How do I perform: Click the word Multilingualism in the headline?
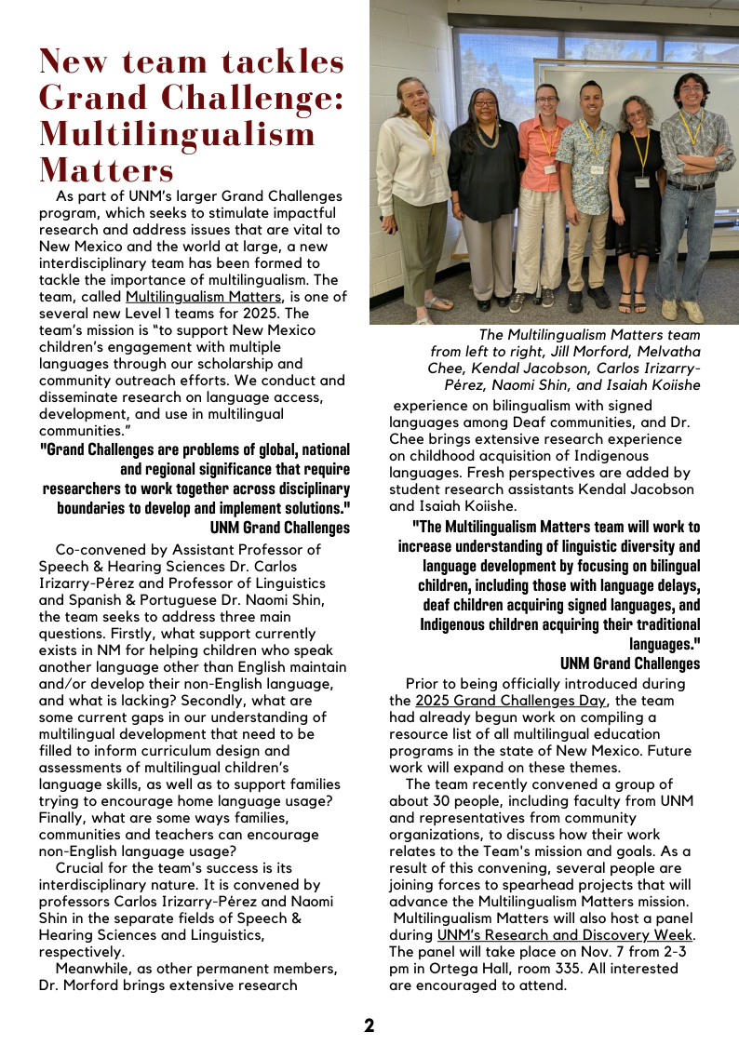pyautogui.click(x=178, y=133)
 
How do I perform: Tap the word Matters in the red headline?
pyautogui.click(x=107, y=170)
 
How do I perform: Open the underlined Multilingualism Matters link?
pyautogui.click(x=203, y=297)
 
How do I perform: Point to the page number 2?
pyautogui.click(x=369, y=1025)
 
